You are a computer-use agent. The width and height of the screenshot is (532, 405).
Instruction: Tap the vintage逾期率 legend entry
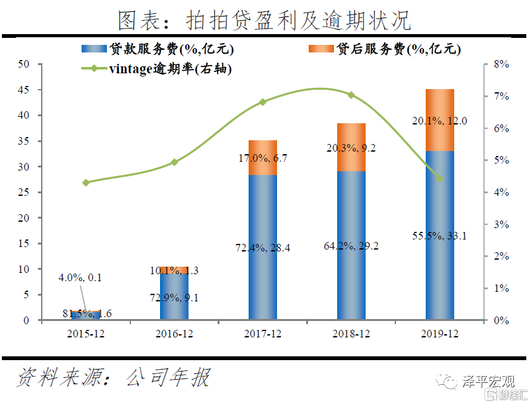pyautogui.click(x=158, y=69)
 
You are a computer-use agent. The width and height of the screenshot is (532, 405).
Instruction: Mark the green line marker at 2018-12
pyautogui.click(x=351, y=95)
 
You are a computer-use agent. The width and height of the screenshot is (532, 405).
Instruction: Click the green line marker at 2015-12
pyautogui.click(x=86, y=183)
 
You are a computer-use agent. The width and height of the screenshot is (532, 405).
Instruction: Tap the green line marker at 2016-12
pyautogui.click(x=175, y=162)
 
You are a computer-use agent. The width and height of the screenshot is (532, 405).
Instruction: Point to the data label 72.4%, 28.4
pyautogui.click(x=263, y=248)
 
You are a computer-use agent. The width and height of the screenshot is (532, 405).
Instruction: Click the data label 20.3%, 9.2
pyautogui.click(x=350, y=148)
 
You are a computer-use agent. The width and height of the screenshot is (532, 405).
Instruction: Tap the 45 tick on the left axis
pyautogui.click(x=24, y=90)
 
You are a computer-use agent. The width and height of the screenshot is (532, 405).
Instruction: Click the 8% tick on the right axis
pyautogui.click(x=501, y=64)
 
